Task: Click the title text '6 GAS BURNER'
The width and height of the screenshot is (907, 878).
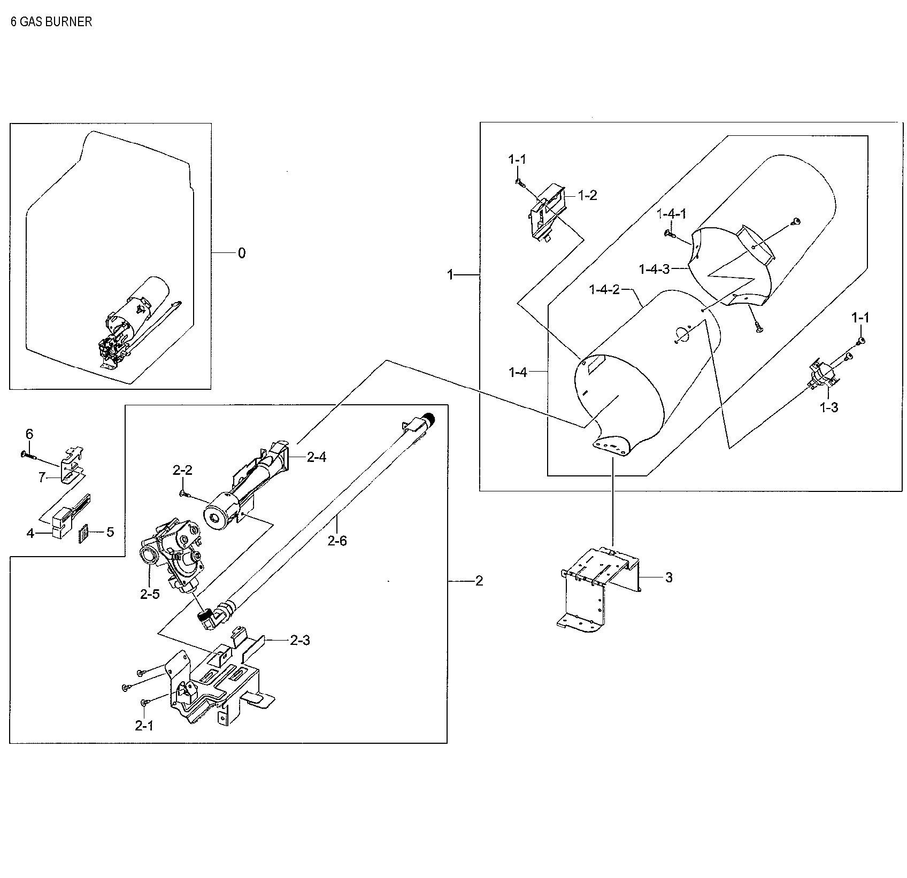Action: click(51, 22)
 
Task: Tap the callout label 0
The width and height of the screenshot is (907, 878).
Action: click(242, 253)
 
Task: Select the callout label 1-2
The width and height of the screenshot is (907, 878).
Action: click(587, 195)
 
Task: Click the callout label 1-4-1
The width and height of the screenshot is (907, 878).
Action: click(671, 214)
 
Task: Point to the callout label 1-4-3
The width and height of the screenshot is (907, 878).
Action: click(654, 268)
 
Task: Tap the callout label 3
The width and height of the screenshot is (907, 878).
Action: click(668, 577)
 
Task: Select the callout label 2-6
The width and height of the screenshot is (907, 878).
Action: click(337, 541)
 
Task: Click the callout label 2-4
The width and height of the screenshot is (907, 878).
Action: click(316, 457)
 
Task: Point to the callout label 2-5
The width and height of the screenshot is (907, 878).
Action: click(150, 594)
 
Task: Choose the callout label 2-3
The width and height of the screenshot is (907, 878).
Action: click(299, 640)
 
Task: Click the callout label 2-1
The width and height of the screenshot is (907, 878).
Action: click(144, 726)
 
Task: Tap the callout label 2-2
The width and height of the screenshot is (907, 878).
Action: click(182, 470)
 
